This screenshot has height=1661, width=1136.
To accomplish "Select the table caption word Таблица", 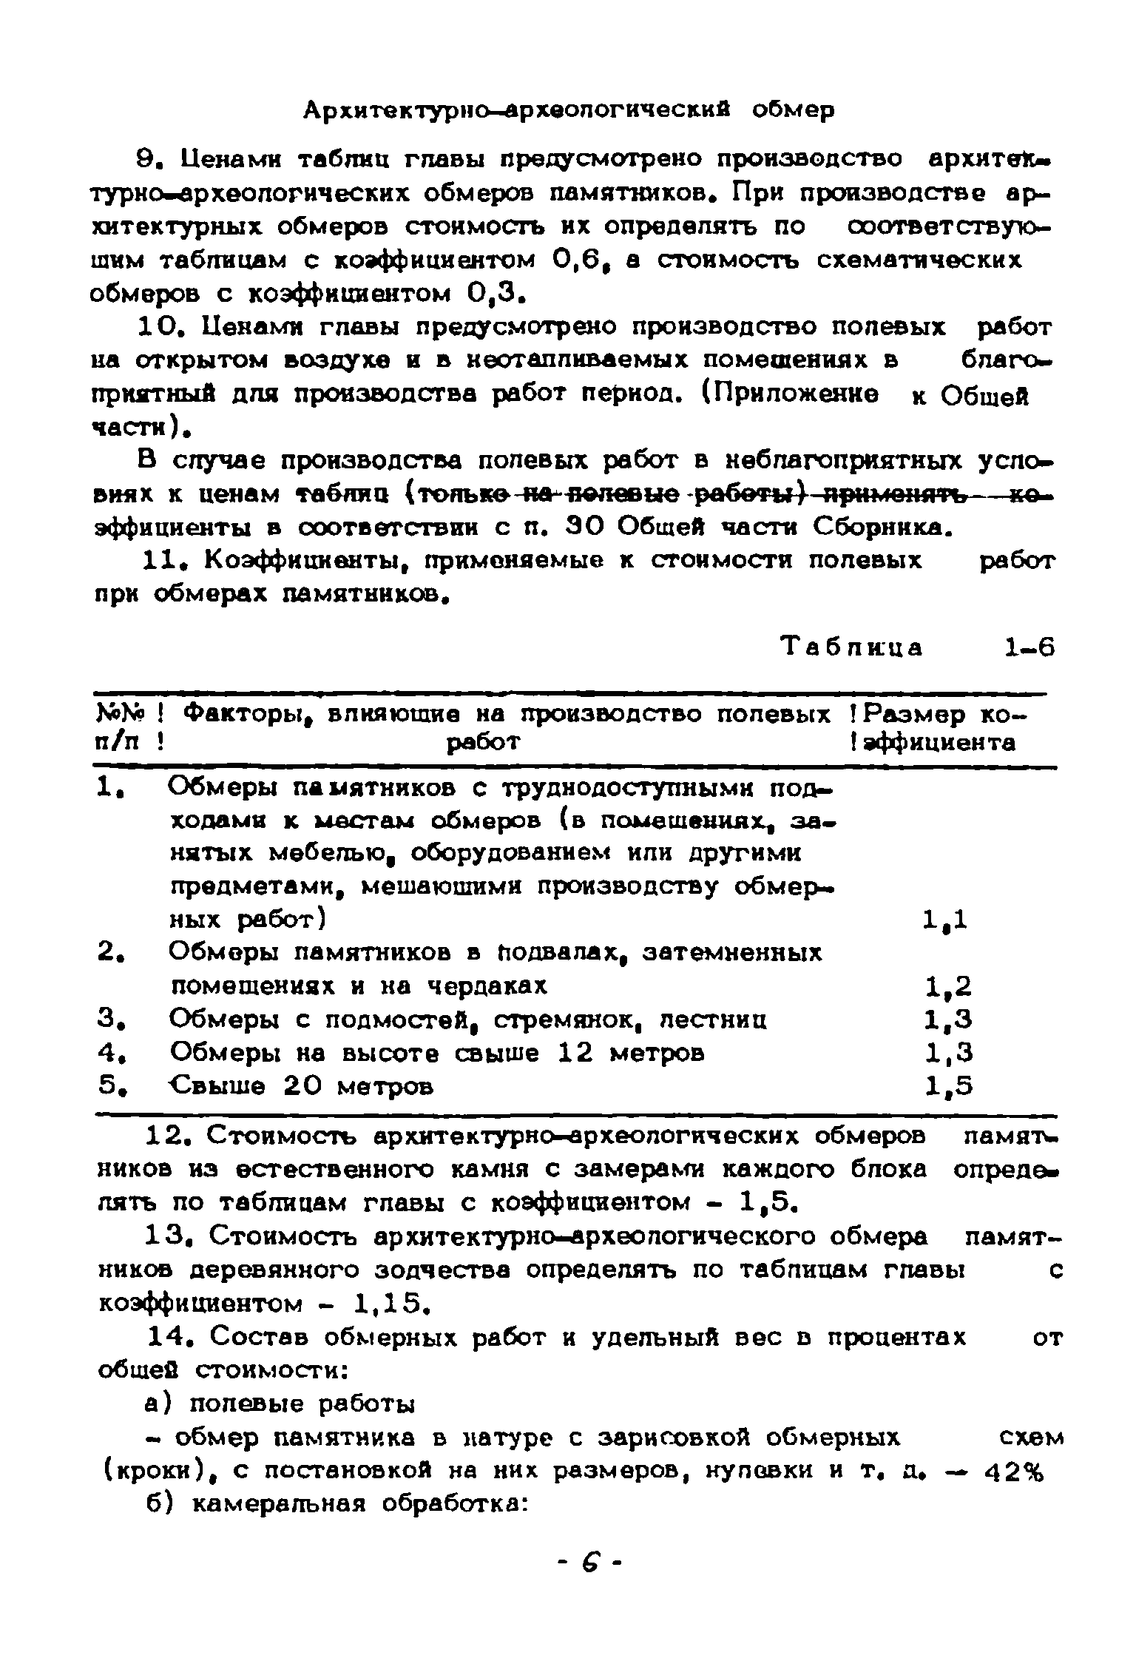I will (853, 648).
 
